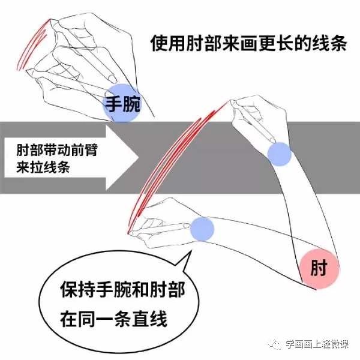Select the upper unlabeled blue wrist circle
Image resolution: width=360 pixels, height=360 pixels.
point(279,154)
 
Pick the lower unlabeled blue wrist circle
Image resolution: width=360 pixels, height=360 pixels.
point(202,229)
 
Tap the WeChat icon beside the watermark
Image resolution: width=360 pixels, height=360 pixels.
point(276,343)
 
